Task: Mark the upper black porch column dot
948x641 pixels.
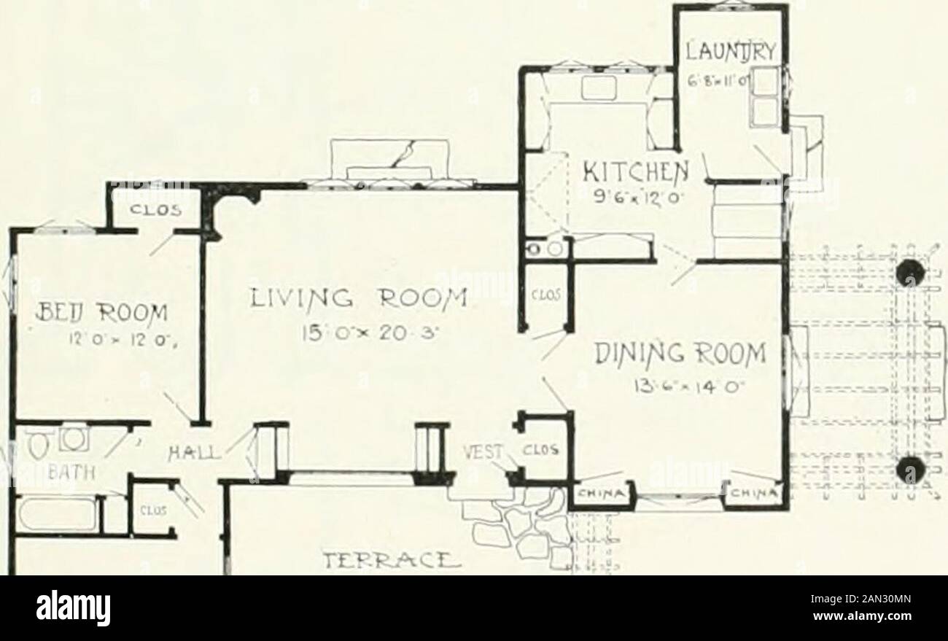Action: coord(911,274)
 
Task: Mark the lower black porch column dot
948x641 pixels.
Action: coord(911,467)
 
